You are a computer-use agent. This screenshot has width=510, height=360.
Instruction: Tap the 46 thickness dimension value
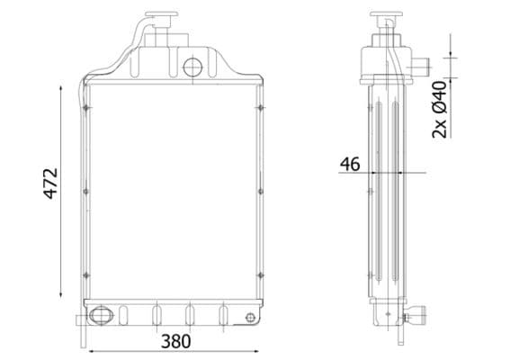[x=350, y=164]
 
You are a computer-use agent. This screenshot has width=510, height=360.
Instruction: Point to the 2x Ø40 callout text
[x=440, y=109]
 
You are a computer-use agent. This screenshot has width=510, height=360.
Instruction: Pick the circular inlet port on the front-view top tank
[x=192, y=66]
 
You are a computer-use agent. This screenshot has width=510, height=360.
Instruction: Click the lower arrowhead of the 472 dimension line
[x=62, y=295]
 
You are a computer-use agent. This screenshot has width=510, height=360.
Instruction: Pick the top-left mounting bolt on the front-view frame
[x=85, y=108]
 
